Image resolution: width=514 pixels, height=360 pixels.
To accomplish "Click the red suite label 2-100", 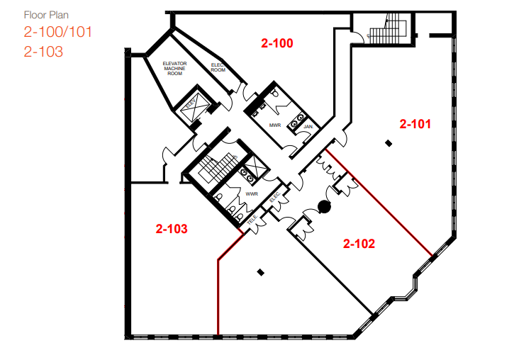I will tap(276, 43).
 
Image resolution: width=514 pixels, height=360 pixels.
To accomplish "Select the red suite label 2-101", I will tap(415, 123).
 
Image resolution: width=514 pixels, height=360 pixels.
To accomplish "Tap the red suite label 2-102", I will tap(359, 244).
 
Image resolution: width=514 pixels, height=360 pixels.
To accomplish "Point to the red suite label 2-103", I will tap(171, 229).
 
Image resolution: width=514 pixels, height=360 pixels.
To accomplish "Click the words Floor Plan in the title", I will tap(46, 14).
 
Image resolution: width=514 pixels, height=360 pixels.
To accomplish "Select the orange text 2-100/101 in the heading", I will tap(58, 32).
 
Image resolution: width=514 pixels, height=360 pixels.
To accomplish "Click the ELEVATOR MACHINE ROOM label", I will tap(174, 70).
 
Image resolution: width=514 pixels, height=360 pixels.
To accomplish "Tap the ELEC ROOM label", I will tap(218, 67).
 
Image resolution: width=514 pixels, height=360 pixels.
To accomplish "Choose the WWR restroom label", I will tap(251, 193).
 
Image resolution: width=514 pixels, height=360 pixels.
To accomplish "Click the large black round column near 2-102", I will tap(325, 208).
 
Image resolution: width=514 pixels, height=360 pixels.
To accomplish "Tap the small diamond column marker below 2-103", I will tap(261, 271).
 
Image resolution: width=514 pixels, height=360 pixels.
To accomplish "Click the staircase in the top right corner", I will tap(387, 28).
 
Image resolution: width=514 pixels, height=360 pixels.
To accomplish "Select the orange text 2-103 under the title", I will tap(43, 51).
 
